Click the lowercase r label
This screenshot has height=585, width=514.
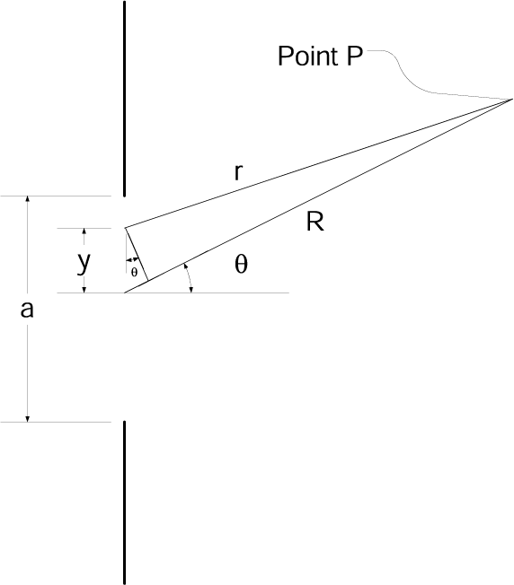pyautogui.click(x=237, y=172)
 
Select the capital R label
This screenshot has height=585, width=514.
pyautogui.click(x=315, y=223)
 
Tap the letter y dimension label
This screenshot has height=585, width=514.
pyautogui.click(x=84, y=262)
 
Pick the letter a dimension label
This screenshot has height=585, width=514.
pyautogui.click(x=27, y=310)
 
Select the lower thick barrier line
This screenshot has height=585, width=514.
pyautogui.click(x=124, y=502)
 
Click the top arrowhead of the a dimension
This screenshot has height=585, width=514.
pyautogui.click(x=28, y=201)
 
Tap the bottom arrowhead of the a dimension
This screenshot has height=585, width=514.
pyautogui.click(x=28, y=415)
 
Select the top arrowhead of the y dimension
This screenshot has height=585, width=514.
pyautogui.click(x=84, y=232)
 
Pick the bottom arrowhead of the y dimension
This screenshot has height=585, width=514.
pyautogui.click(x=84, y=287)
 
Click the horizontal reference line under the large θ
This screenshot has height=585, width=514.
pyautogui.click(x=243, y=292)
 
